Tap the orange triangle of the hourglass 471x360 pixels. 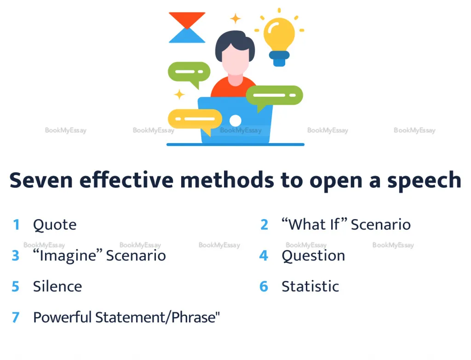coord(187,19)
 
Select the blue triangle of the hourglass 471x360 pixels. coord(187,35)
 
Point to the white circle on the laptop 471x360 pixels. coord(235,121)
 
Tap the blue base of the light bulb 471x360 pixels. coord(279,58)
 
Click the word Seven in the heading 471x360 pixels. coord(41,180)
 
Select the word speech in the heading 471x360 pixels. coord(424,181)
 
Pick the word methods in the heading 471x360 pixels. coord(227,180)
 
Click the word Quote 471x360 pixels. coord(55,225)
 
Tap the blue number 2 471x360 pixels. coord(264,225)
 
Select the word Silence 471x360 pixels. coord(57,286)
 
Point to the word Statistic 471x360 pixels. coord(310,286)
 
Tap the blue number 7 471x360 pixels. coord(16,318)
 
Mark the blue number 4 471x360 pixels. coord(264,255)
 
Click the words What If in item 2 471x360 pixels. coord(314,225)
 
